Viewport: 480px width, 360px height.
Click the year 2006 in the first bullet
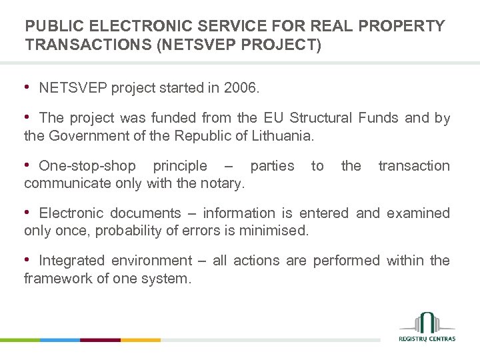pos(242,88)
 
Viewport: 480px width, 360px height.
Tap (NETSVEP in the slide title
pos(202,45)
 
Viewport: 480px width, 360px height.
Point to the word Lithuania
pos(279,136)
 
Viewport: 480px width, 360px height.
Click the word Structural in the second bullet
pos(321,119)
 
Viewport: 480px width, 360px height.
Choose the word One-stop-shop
pos(87,166)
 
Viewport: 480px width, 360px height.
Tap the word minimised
pos(277,231)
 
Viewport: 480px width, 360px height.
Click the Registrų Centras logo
pos(427,327)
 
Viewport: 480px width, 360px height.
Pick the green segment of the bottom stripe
pos(20,340)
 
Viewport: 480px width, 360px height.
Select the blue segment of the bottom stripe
pos(60,340)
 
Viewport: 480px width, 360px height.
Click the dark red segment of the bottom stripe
pos(100,340)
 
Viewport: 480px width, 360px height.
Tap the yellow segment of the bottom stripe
pos(141,340)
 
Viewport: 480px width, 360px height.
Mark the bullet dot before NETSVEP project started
pos(27,87)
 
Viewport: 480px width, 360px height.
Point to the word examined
pos(417,213)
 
